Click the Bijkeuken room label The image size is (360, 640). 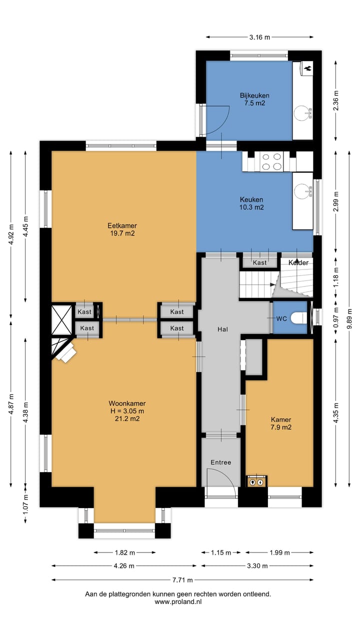(254, 95)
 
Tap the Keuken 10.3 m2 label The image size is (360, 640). (251, 203)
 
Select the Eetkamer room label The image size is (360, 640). (122, 225)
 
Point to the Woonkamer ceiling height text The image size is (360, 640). (127, 411)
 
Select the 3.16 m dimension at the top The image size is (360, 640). (259, 37)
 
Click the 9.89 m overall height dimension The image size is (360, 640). (349, 318)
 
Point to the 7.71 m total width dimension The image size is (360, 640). (182, 580)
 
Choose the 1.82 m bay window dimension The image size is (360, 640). (125, 552)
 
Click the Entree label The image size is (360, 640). (221, 462)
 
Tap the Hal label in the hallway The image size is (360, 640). (222, 329)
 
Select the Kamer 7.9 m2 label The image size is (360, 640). (281, 423)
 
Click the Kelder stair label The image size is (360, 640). (298, 262)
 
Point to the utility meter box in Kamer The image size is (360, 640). (256, 481)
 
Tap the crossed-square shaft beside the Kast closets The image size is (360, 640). (61, 320)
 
